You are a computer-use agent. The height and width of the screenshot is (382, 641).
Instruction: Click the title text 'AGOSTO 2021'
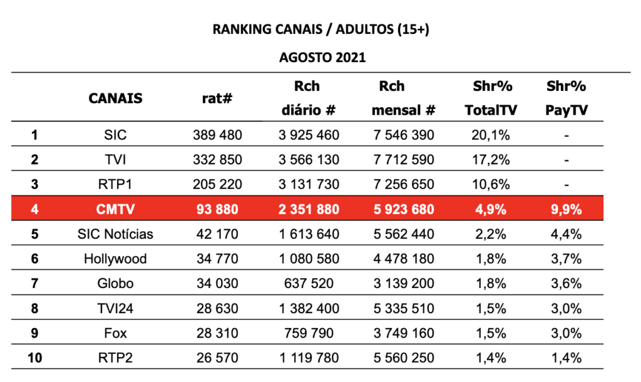pos(322,57)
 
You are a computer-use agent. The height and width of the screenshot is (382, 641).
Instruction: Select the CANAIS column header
pos(115,98)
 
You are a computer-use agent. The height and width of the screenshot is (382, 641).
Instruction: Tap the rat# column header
pos(217,98)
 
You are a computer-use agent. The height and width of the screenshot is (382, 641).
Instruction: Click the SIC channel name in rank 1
pos(115,135)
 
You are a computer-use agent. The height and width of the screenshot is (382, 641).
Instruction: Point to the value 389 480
pos(217,135)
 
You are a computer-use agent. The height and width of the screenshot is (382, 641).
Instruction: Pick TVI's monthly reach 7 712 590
pos(404,160)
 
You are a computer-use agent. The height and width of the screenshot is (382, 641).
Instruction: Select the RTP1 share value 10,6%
pos(491,185)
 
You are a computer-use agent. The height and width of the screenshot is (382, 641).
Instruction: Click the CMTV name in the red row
pos(115,209)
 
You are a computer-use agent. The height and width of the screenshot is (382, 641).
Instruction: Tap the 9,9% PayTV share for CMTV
pos(566,209)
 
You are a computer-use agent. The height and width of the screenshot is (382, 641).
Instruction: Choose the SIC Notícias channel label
pos(115,234)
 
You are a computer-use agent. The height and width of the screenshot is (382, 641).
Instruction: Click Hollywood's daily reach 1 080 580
pos(309,259)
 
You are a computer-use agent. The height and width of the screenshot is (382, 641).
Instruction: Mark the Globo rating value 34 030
pos(217,284)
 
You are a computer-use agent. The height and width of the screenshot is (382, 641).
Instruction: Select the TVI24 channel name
pos(115,308)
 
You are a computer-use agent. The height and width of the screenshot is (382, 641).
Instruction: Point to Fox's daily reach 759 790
pos(309,333)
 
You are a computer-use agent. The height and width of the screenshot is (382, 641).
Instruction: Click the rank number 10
pos(35,358)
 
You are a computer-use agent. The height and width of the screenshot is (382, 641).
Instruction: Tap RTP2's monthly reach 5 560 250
pos(404,358)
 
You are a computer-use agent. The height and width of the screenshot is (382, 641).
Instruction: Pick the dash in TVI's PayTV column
pos(566,160)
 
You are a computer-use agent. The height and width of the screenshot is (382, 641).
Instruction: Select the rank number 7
pos(35,284)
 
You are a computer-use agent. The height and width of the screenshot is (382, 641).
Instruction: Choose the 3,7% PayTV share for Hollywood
pos(566,259)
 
